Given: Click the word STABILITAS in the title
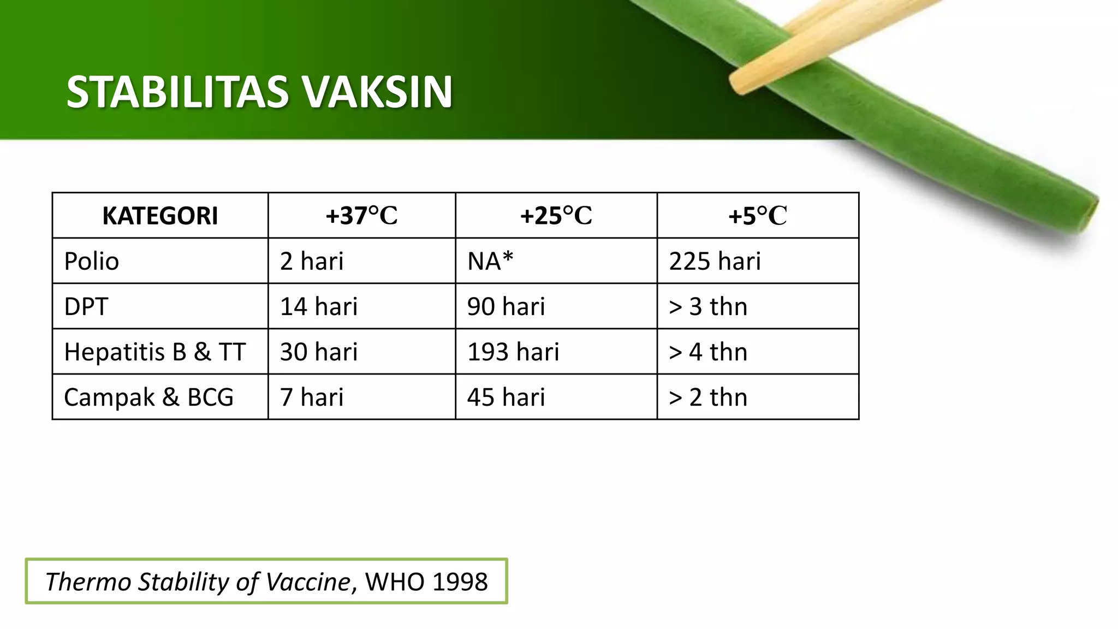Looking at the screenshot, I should point(177,92).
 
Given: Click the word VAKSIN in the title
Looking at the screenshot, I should point(378,92).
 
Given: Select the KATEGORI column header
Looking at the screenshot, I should point(160,216).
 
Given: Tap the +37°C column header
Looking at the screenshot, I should point(361,216).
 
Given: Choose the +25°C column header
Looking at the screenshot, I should point(556,216).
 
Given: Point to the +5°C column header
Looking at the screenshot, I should point(757,216).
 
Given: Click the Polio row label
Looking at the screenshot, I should point(91,261).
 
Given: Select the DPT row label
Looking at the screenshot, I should point(86,306).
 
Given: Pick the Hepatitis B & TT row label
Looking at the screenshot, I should point(155,352).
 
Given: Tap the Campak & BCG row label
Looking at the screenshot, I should point(148,397).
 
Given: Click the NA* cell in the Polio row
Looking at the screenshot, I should point(490,261).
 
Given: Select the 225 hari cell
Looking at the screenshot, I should point(715,261).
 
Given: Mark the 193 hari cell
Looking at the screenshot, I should point(513,352).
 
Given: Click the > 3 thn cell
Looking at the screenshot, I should point(707,306).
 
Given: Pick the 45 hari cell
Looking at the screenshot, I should point(506,397).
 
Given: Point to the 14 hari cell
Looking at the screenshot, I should point(319,306).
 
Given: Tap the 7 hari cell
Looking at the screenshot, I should point(312,397).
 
